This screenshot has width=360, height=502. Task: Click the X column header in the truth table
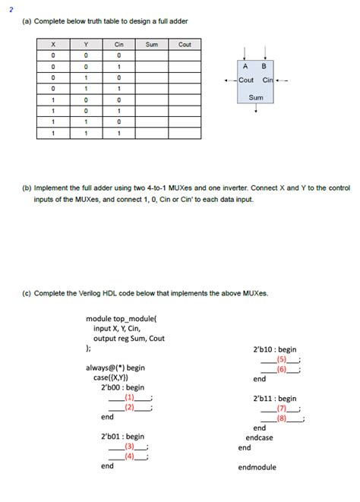pyautogui.click(x=53, y=45)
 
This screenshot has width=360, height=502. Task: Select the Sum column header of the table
pyautogui.click(x=152, y=45)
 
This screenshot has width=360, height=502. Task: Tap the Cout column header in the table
pyautogui.click(x=185, y=45)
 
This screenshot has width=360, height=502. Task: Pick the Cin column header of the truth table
pyautogui.click(x=119, y=45)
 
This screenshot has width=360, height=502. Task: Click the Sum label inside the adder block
pyautogui.click(x=256, y=97)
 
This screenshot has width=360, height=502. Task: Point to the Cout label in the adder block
pyautogui.click(x=246, y=80)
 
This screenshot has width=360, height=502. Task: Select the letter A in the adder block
pyautogui.click(x=246, y=65)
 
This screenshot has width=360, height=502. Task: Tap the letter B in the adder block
pyautogui.click(x=264, y=65)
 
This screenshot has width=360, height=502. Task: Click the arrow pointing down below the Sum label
pyautogui.click(x=256, y=109)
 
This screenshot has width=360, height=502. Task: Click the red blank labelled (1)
pyautogui.click(x=130, y=397)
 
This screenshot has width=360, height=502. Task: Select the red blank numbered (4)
pyautogui.click(x=130, y=456)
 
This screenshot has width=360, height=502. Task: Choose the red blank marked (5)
pyautogui.click(x=282, y=359)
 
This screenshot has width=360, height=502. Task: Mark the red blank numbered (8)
pyautogui.click(x=282, y=418)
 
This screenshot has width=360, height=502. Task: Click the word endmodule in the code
pyautogui.click(x=257, y=467)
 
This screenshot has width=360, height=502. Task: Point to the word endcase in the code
pyautogui.click(x=259, y=437)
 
